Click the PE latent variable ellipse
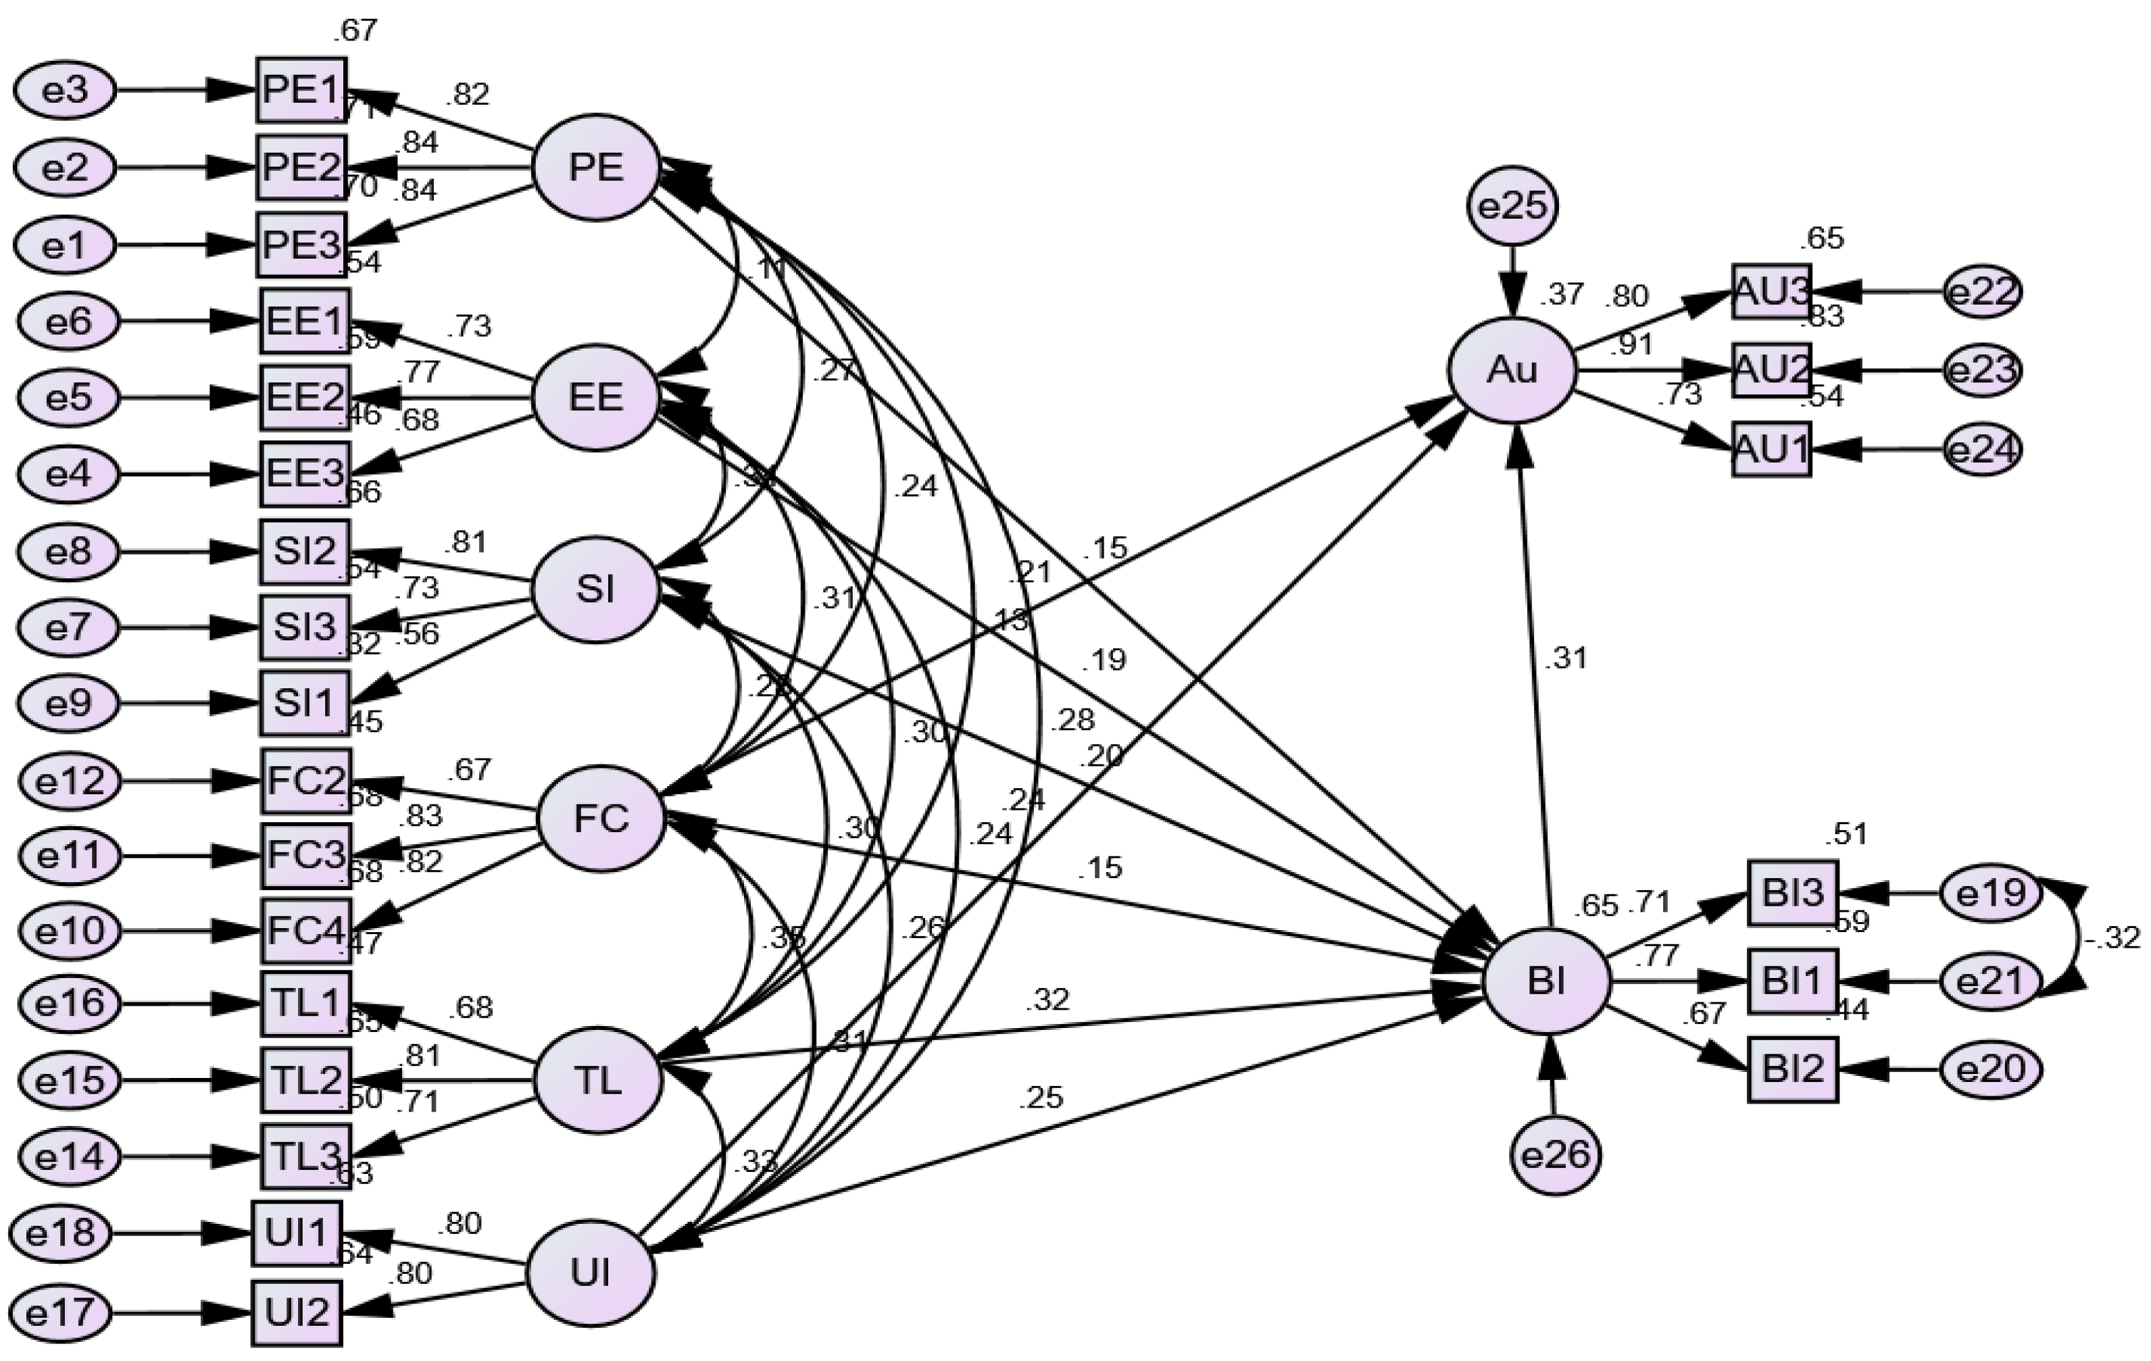click(x=596, y=167)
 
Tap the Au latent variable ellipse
click(x=1512, y=369)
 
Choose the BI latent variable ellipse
click(x=1546, y=981)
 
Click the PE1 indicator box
click(x=301, y=91)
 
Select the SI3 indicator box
click(x=305, y=627)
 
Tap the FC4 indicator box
click(x=305, y=931)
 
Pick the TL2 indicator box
click(x=305, y=1081)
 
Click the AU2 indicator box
click(x=1771, y=369)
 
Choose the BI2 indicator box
click(x=1793, y=1070)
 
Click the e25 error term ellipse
click(x=1512, y=206)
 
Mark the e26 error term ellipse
click(x=1555, y=1156)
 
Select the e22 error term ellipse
click(x=1982, y=292)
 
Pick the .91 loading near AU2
click(x=1631, y=344)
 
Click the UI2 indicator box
click(x=297, y=1313)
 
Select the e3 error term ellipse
click(x=65, y=91)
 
